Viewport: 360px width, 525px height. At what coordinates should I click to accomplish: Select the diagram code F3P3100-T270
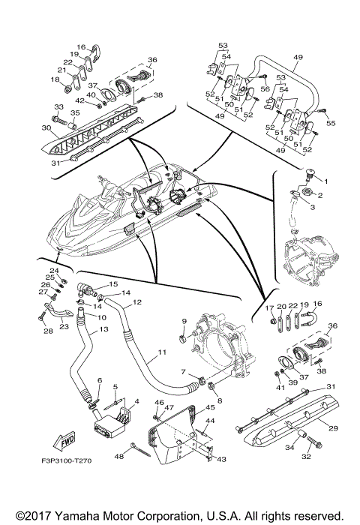tap(66, 460)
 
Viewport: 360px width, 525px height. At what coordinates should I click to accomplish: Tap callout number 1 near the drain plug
tap(325, 181)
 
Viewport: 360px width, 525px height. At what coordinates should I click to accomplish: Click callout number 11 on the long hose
tap(163, 352)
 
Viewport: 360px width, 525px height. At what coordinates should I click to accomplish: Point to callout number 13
tap(104, 329)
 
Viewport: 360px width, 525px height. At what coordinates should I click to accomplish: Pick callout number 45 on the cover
tap(210, 407)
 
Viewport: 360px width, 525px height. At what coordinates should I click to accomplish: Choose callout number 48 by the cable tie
tap(119, 456)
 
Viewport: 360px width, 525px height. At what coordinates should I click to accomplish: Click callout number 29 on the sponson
tap(333, 428)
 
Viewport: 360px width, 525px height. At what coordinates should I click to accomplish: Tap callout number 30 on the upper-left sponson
tap(46, 127)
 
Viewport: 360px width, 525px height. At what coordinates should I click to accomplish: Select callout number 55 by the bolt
tap(331, 123)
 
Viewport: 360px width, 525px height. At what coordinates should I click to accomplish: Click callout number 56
tap(265, 88)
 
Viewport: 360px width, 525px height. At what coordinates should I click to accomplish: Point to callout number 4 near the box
tap(136, 401)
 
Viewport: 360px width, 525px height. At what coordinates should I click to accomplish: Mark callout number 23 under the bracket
tap(64, 327)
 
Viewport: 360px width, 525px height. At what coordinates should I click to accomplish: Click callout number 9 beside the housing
tap(184, 321)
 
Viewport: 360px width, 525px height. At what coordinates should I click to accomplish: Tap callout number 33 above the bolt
tap(59, 106)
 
